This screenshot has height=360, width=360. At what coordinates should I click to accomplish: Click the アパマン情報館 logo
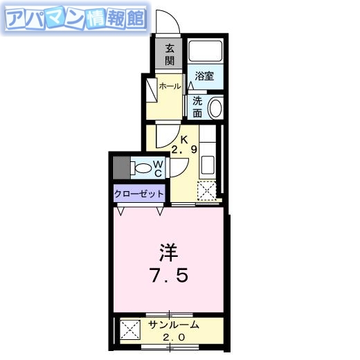coord(75,21)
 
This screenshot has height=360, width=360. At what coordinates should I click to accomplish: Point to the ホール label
coord(170,86)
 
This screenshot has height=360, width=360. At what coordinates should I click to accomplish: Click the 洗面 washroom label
coord(197,106)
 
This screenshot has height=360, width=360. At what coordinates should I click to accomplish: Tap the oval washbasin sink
coord(215,107)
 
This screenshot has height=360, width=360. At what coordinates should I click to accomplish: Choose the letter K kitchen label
coord(184,138)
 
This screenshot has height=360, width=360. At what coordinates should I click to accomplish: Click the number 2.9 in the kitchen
coord(183,149)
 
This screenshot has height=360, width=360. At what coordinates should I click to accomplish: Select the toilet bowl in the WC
coord(143,168)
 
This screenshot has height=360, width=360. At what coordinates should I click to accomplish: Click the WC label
coord(158,168)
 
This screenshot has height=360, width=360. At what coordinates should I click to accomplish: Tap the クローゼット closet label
coord(140,195)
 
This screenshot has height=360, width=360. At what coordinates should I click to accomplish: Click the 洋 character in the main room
coord(168,251)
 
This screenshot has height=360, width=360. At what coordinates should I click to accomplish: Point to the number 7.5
coord(168,276)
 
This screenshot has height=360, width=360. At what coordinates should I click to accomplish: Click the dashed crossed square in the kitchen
coord(206,190)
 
